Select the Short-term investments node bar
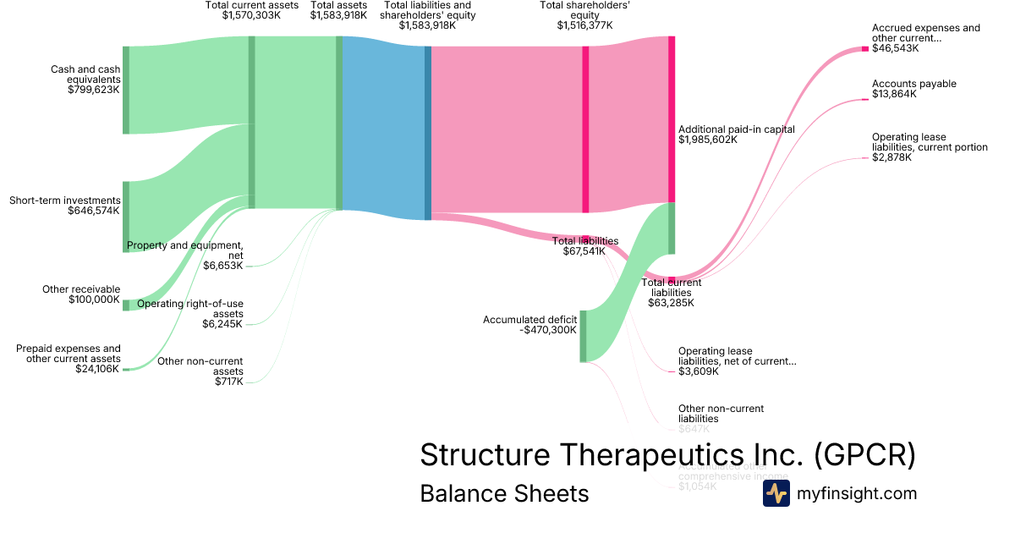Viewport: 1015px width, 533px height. coord(126,216)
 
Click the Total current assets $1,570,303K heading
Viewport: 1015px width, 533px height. coord(252,10)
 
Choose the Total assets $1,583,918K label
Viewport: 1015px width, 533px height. coord(338,10)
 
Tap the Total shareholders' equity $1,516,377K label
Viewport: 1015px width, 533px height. coord(584,15)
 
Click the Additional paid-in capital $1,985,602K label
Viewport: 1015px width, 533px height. coord(736,135)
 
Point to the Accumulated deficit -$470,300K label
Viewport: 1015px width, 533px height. coord(529,325)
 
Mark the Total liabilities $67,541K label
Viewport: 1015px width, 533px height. coord(585,246)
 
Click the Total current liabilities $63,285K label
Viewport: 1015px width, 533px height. coord(672,292)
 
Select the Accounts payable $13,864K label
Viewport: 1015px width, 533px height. coord(914,89)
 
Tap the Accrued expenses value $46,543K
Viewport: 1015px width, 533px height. coord(896,49)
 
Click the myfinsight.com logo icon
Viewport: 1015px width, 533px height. coord(776,493)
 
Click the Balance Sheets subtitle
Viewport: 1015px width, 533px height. coord(504,493)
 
